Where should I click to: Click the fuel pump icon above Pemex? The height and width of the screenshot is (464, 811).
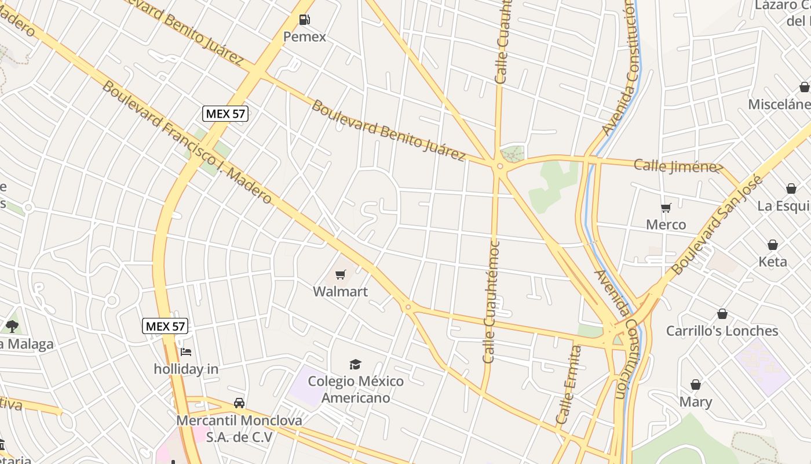(304, 20)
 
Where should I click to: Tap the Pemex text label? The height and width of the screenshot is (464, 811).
(304, 37)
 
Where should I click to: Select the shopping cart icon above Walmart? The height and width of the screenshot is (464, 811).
(341, 275)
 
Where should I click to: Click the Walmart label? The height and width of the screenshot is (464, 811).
(341, 292)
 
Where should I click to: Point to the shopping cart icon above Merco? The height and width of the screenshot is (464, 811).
(666, 208)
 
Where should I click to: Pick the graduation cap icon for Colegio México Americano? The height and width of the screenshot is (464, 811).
(355, 364)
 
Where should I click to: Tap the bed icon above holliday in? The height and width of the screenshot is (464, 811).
(185, 351)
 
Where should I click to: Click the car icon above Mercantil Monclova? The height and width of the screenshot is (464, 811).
(239, 403)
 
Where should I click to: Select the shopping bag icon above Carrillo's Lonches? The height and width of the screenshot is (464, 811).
(722, 314)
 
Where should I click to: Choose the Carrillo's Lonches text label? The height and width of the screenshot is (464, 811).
(722, 331)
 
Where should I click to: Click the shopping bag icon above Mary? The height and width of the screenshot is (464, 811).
(696, 385)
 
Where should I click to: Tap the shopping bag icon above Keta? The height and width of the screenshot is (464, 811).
(773, 245)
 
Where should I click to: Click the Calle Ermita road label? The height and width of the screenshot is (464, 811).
(568, 385)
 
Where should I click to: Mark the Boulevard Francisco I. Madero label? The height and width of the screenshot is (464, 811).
(187, 143)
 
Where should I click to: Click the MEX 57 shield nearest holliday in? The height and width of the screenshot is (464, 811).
(165, 327)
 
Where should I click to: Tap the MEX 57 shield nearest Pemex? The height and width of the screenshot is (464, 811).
(225, 114)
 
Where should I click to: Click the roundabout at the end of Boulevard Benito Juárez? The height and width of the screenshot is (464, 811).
(500, 166)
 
